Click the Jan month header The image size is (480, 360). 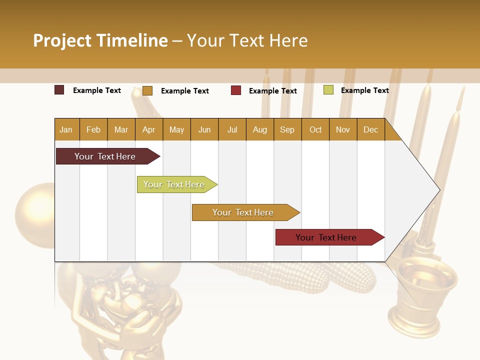tap(66, 129)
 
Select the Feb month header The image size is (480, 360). tap(93, 129)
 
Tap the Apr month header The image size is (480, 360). tap(148, 129)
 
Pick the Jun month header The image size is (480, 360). tap(204, 129)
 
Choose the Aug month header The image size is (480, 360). tap(259, 129)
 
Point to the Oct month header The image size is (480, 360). tap(315, 129)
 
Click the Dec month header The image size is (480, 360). tap(370, 129)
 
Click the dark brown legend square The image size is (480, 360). tap(59, 90)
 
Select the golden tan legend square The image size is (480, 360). tap(147, 90)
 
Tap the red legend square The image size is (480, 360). tap(236, 90)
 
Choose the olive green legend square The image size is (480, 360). tap(328, 90)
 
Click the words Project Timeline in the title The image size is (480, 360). tap(100, 40)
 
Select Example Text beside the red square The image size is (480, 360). tap(272, 91)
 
